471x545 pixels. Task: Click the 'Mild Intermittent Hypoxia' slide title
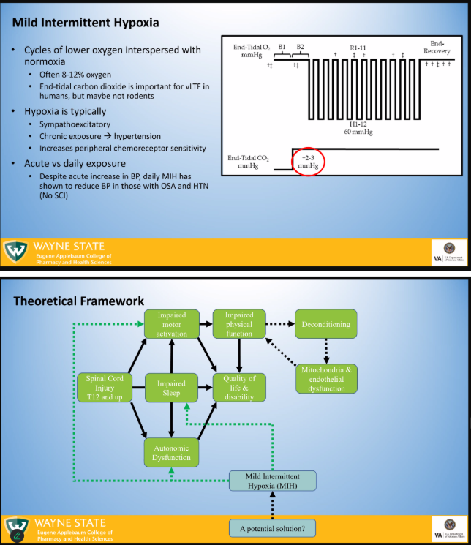[x=86, y=23]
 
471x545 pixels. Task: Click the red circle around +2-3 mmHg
[x=309, y=161]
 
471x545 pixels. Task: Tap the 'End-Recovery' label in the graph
[x=437, y=48]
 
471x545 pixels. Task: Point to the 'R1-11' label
[x=358, y=48]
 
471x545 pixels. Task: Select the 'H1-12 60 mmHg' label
[x=358, y=129]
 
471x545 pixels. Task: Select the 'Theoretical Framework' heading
[x=79, y=301]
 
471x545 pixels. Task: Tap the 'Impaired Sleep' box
[x=171, y=388]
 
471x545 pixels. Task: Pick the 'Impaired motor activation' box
[x=171, y=324]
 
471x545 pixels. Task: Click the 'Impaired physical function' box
[x=238, y=324]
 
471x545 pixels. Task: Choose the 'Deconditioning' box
[x=325, y=324]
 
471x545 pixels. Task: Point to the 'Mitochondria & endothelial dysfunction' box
[x=328, y=379]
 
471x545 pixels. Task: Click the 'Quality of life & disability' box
[x=239, y=388]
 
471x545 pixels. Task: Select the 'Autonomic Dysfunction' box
[x=172, y=453]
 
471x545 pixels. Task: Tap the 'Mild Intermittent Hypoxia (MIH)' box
[x=273, y=481]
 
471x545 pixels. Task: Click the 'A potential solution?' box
[x=272, y=527]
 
